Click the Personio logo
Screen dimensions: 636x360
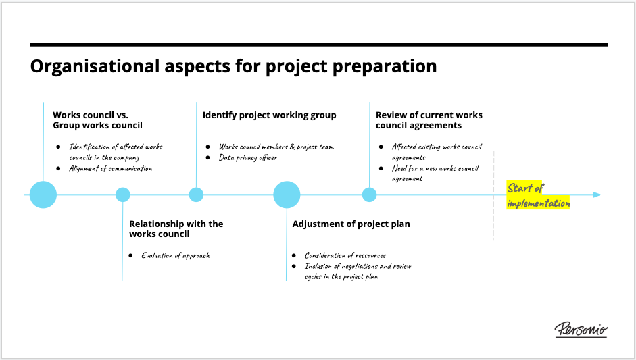581,330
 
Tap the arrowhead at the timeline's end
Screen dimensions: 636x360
597,195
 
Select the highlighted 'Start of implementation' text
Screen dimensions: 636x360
538,195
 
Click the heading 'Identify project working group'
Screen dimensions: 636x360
269,115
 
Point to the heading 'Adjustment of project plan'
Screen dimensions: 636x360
351,224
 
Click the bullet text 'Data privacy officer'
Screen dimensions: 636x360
248,157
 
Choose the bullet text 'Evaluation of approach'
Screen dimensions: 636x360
176,255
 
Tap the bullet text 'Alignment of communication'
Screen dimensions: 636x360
110,168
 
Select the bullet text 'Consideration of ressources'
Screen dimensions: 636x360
345,255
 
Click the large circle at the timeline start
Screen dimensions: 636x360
43,195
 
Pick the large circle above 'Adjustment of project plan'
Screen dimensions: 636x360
287,195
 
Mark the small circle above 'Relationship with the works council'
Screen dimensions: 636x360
123,195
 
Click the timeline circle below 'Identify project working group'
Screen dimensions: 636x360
196,195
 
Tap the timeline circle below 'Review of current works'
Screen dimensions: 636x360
369,195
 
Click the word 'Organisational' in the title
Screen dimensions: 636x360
95,66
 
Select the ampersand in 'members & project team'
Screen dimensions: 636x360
292,147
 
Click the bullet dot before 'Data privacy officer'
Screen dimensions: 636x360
207,157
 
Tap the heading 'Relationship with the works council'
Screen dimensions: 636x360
176,229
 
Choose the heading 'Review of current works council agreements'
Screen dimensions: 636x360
429,120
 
